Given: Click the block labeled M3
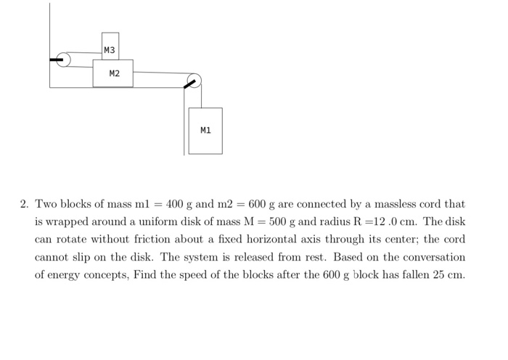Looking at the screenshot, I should click(110, 46).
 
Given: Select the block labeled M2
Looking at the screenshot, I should click(113, 73).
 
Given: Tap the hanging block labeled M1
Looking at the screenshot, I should click(205, 131).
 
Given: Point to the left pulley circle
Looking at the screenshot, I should click(64, 60).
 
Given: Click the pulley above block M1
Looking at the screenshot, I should click(194, 81).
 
